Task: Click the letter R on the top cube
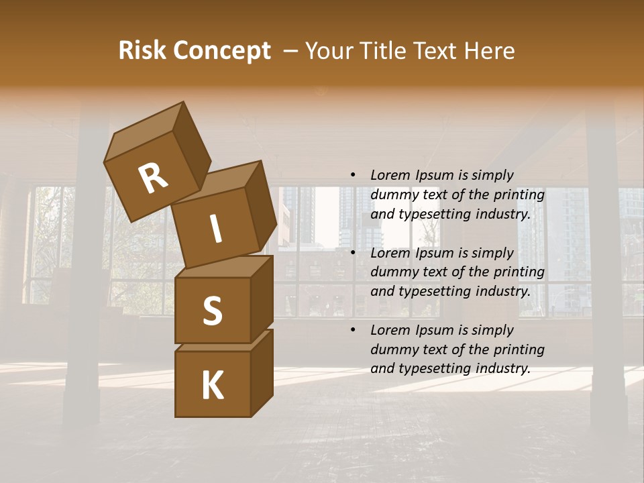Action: click(x=153, y=178)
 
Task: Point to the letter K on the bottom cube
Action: click(x=212, y=386)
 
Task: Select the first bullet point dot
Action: click(x=353, y=175)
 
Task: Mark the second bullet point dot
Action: click(x=353, y=253)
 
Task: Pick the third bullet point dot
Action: click(x=353, y=330)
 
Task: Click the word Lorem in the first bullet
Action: click(x=390, y=175)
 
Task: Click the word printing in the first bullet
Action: click(x=521, y=195)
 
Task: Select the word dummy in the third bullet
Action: click(x=392, y=350)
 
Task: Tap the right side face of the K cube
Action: click(x=262, y=372)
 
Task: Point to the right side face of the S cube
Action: click(x=262, y=298)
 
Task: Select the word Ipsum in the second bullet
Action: click(x=434, y=253)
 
